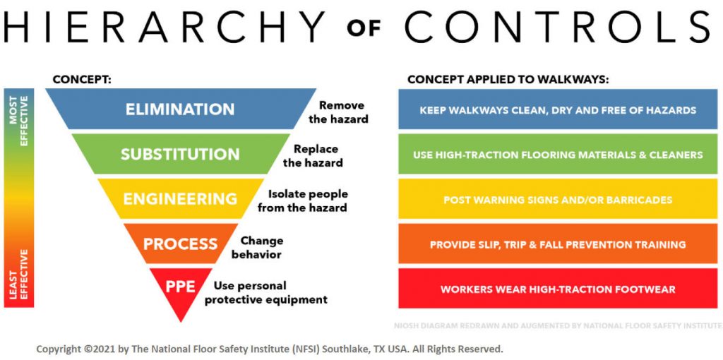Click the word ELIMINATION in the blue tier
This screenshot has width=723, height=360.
tap(180, 109)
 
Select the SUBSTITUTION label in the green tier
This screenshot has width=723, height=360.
tap(180, 154)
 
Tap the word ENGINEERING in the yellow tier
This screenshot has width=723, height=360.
tap(180, 199)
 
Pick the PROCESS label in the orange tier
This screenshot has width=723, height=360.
tap(180, 244)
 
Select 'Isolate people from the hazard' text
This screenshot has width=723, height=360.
tap(302, 200)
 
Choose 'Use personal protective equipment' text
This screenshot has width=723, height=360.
tap(270, 292)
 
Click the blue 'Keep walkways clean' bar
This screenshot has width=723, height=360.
tap(558, 110)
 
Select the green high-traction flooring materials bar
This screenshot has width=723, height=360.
tap(558, 155)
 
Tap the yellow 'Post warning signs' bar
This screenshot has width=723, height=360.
tap(558, 200)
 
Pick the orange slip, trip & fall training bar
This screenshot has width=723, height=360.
tap(558, 244)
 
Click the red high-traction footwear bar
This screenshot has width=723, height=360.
tap(558, 289)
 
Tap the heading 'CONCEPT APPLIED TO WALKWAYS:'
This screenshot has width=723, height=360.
tap(508, 80)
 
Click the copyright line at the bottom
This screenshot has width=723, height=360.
tap(270, 349)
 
